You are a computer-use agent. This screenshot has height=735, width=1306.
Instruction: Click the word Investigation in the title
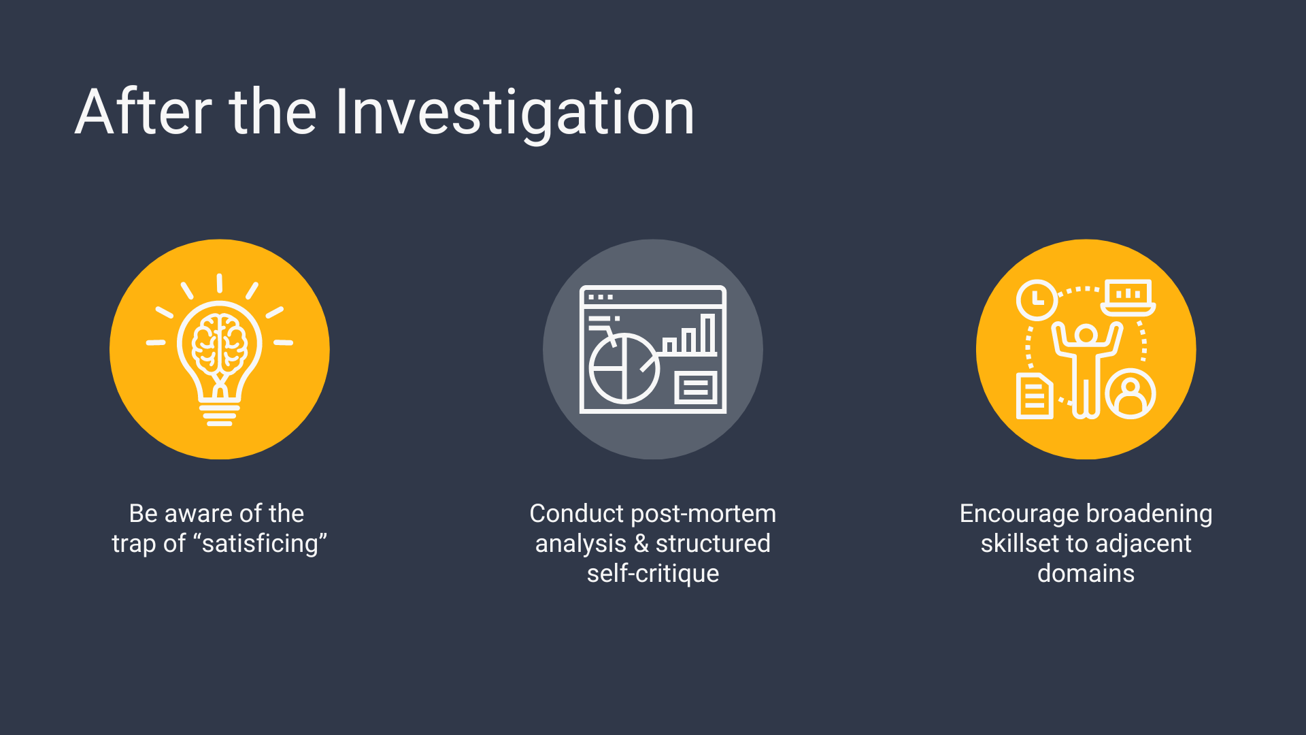pos(515,112)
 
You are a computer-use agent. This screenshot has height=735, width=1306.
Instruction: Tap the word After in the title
pos(144,112)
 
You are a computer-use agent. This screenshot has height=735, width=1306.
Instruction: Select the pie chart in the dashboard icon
pos(623,368)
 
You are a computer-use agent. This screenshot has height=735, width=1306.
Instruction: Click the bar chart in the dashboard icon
pos(690,334)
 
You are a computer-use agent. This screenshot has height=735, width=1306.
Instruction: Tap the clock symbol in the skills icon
pos(1037,299)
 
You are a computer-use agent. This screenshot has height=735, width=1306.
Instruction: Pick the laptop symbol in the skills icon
pos(1128,298)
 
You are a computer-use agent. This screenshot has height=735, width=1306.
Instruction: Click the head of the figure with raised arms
pos(1086,334)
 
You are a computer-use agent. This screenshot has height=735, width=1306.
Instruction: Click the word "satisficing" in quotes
pos(261,544)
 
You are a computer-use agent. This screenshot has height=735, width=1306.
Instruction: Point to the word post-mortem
pos(704,514)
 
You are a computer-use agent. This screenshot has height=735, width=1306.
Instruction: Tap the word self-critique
pos(653,574)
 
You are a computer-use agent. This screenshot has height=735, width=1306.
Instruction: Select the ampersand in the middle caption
pos(641,544)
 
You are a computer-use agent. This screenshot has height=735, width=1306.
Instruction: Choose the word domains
pos(1086,574)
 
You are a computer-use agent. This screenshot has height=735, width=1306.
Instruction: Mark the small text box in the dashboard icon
pos(696,388)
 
